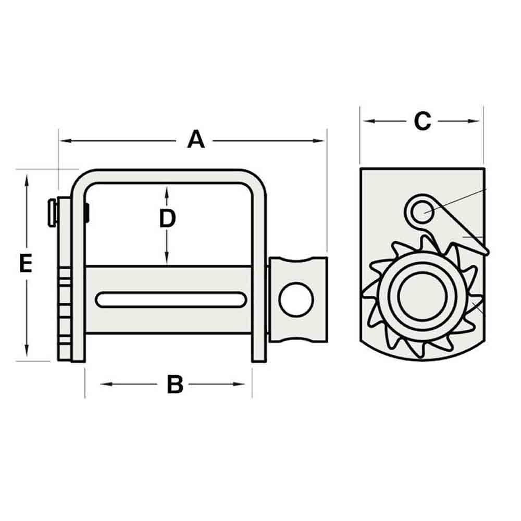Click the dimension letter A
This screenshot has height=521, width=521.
tap(196, 140)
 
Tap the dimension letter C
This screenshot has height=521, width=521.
tap(422, 121)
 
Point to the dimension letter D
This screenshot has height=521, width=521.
tap(167, 219)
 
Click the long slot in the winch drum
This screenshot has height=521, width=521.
tap(171, 300)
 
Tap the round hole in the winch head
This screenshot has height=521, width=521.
tap(296, 299)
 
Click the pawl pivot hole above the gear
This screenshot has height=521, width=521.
tap(421, 209)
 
